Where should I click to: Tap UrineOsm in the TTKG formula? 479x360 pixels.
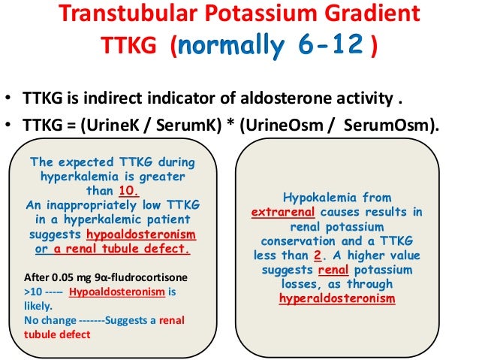tap(282, 126)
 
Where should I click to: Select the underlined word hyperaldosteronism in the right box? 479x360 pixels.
tap(336, 298)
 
